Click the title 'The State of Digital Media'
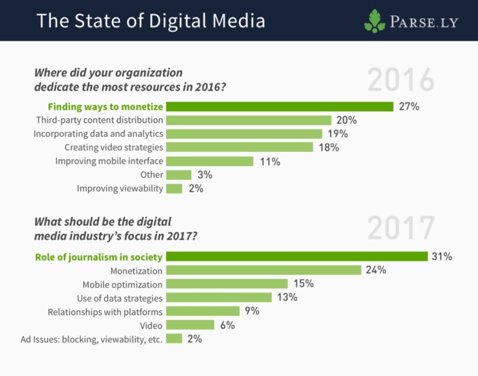(x=151, y=21)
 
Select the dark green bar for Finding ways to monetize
(x=279, y=106)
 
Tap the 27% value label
(x=409, y=106)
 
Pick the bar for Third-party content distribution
(x=248, y=120)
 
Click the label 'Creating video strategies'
(x=114, y=148)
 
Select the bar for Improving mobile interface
(x=210, y=161)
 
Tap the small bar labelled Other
(x=179, y=175)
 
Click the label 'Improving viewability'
(x=120, y=189)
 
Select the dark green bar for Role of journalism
(x=297, y=256)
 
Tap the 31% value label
(x=442, y=256)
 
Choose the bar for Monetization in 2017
(x=264, y=270)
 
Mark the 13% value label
(x=287, y=298)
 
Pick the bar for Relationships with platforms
(x=203, y=311)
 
